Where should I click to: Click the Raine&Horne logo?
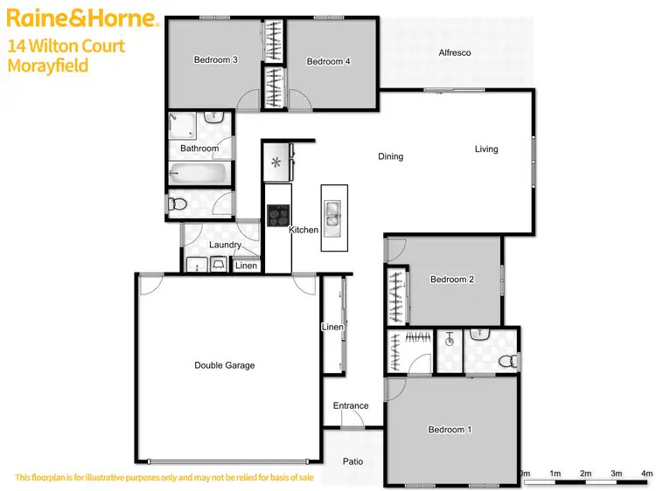tap(81, 18)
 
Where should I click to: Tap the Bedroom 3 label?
tap(216, 59)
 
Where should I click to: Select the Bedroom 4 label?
tap(329, 61)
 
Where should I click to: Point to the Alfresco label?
tap(455, 53)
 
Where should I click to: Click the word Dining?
tap(391, 157)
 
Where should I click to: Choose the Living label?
tap(486, 149)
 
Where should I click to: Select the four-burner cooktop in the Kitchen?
tap(278, 215)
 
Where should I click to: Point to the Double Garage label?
tap(225, 365)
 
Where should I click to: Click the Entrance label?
tap(351, 405)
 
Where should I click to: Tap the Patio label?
tap(352, 461)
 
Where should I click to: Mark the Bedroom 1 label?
tap(450, 429)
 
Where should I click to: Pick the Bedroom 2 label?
tap(452, 280)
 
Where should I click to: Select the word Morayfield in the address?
tap(48, 66)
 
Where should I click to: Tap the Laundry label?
tap(225, 245)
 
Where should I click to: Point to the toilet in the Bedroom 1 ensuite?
tap(506, 360)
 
